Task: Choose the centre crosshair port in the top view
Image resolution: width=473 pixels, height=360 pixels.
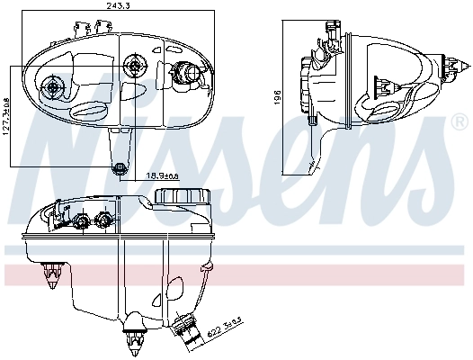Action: [135, 65]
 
